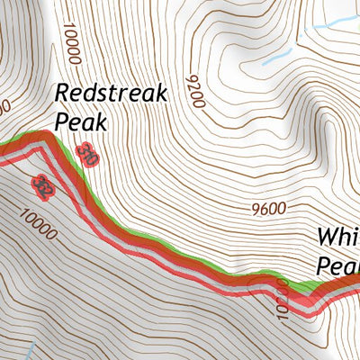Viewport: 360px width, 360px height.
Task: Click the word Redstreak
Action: pos(108,93)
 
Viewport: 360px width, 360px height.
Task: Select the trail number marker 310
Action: pos(87,154)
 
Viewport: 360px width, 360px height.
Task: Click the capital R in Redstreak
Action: pos(62,93)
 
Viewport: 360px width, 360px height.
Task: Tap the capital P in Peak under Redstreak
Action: pos(61,120)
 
